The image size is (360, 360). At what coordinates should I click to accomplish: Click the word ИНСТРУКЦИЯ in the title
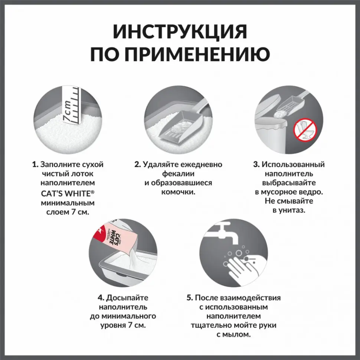pos(180,32)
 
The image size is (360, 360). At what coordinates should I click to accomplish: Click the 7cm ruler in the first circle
pos(71,106)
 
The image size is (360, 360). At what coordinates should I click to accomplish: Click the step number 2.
pos(137,164)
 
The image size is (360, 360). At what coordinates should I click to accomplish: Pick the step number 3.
pos(256,164)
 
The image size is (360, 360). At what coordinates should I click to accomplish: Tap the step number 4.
pos(101,298)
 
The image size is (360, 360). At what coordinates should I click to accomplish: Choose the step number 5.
pos(190,298)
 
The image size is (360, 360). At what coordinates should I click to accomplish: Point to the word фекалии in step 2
pos(179,174)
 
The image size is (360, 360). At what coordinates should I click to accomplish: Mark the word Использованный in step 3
pos(293,164)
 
